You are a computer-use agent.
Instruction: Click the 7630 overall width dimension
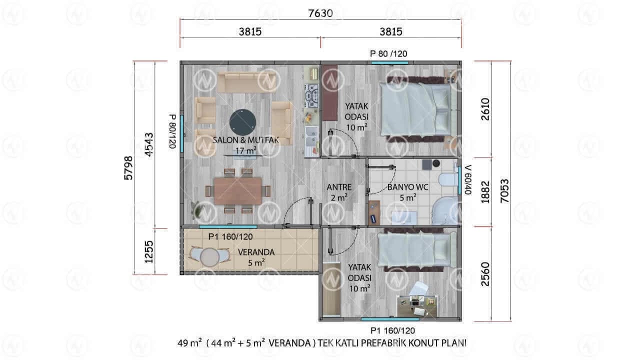[x=320, y=13]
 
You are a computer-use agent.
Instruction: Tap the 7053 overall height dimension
[x=505, y=191]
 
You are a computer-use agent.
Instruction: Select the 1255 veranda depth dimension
[x=149, y=251]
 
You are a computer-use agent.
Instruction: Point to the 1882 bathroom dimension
[x=485, y=192]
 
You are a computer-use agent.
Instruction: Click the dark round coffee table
[x=242, y=122]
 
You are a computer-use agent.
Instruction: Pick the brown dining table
[x=237, y=191]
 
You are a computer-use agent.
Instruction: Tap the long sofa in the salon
[x=247, y=82]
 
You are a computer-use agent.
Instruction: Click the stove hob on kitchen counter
[x=311, y=95]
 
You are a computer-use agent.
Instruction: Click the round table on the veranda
[x=209, y=257]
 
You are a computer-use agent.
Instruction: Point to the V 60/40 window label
[x=468, y=179]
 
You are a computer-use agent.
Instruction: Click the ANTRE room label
[x=339, y=187]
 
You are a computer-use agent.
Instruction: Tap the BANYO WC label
[x=407, y=187]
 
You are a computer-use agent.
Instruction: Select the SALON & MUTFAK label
[x=245, y=140]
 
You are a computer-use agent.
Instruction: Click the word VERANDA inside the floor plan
[x=256, y=252]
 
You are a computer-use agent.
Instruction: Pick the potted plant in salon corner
[x=197, y=210]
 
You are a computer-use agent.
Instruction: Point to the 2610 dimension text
[x=485, y=109]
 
